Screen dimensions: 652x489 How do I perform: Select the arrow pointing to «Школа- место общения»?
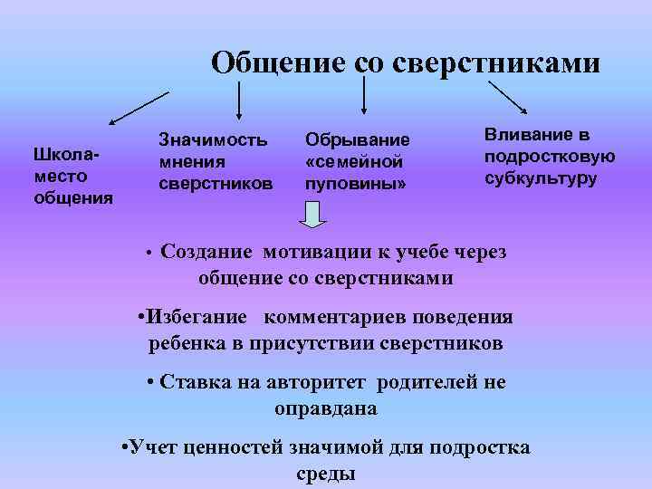[139, 108]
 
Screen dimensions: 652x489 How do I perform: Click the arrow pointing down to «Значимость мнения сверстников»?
[238, 100]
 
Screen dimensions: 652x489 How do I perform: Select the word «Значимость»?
[213, 139]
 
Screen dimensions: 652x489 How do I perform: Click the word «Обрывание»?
[358, 140]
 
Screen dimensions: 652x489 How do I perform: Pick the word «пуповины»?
[353, 184]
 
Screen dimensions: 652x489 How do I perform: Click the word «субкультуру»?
[541, 177]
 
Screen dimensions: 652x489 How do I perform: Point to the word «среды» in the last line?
[325, 474]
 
